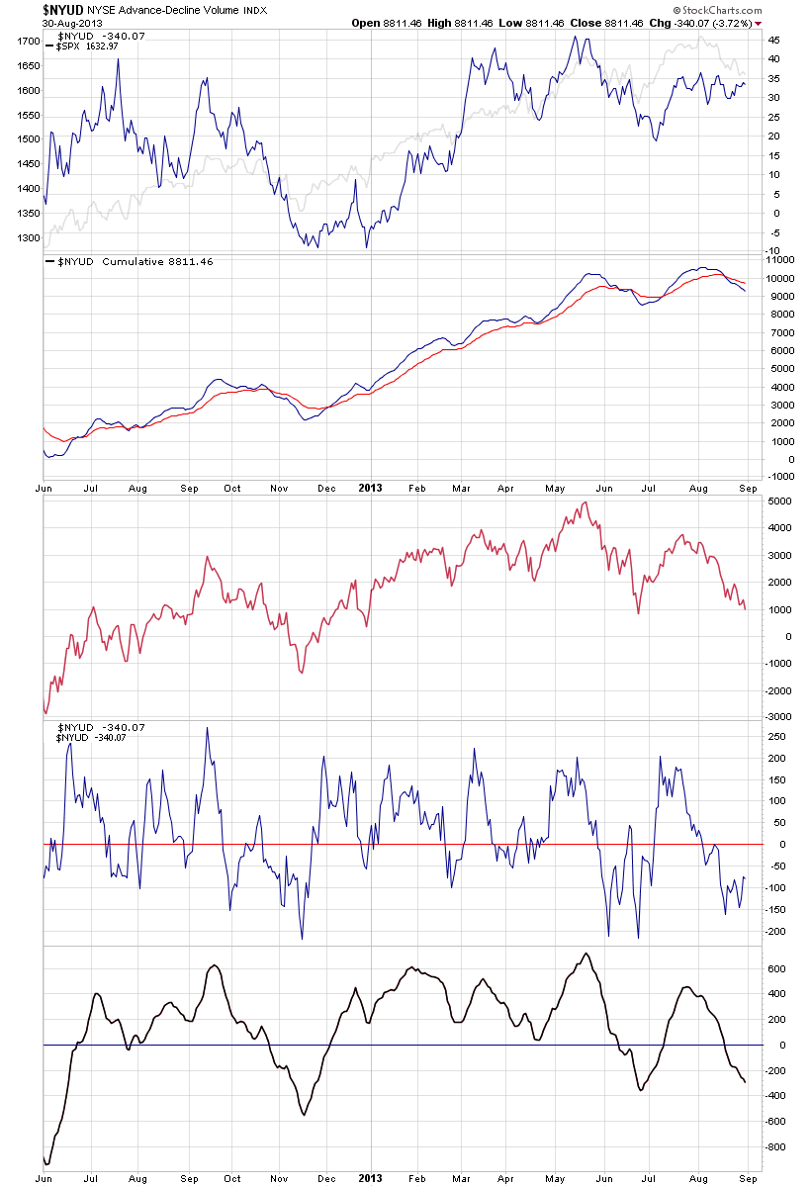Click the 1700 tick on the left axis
27,42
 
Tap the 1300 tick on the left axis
27,238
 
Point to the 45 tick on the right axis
774,41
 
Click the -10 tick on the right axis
774,251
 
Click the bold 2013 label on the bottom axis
369,1179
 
